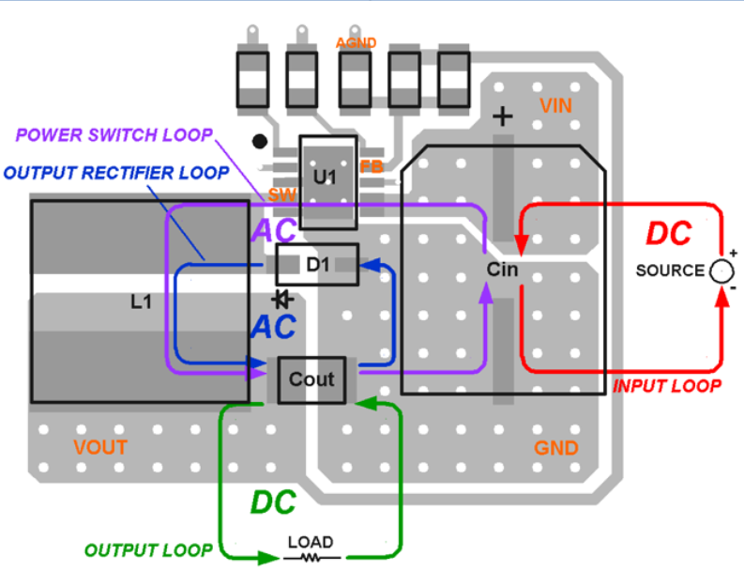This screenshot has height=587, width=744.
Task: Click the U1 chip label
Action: coord(324,176)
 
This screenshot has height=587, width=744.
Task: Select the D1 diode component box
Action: coord(317,266)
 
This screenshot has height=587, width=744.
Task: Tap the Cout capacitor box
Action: coord(311,379)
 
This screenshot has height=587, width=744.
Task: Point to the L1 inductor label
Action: coord(141,301)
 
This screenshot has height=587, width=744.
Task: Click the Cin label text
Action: coord(503,270)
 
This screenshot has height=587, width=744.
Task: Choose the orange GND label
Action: coord(556,448)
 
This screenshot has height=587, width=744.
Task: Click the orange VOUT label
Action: coord(99,447)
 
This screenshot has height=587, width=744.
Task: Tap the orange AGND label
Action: coord(356,43)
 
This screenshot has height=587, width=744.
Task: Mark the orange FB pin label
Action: coord(372,166)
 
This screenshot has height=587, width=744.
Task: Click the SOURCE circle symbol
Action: coord(721,270)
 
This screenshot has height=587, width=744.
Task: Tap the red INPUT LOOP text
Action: coord(667,386)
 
